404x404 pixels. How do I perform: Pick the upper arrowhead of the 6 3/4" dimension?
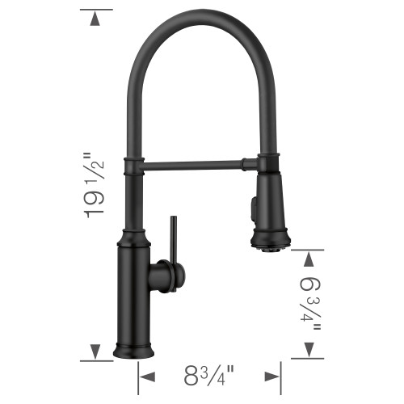click(308, 258)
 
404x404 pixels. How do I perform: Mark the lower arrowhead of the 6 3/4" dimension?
click(308, 350)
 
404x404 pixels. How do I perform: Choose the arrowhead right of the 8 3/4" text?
click(272, 377)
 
